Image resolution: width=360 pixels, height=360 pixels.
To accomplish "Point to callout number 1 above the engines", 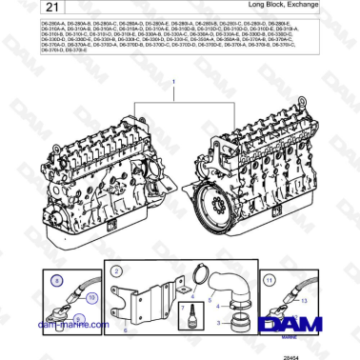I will [174, 84].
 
